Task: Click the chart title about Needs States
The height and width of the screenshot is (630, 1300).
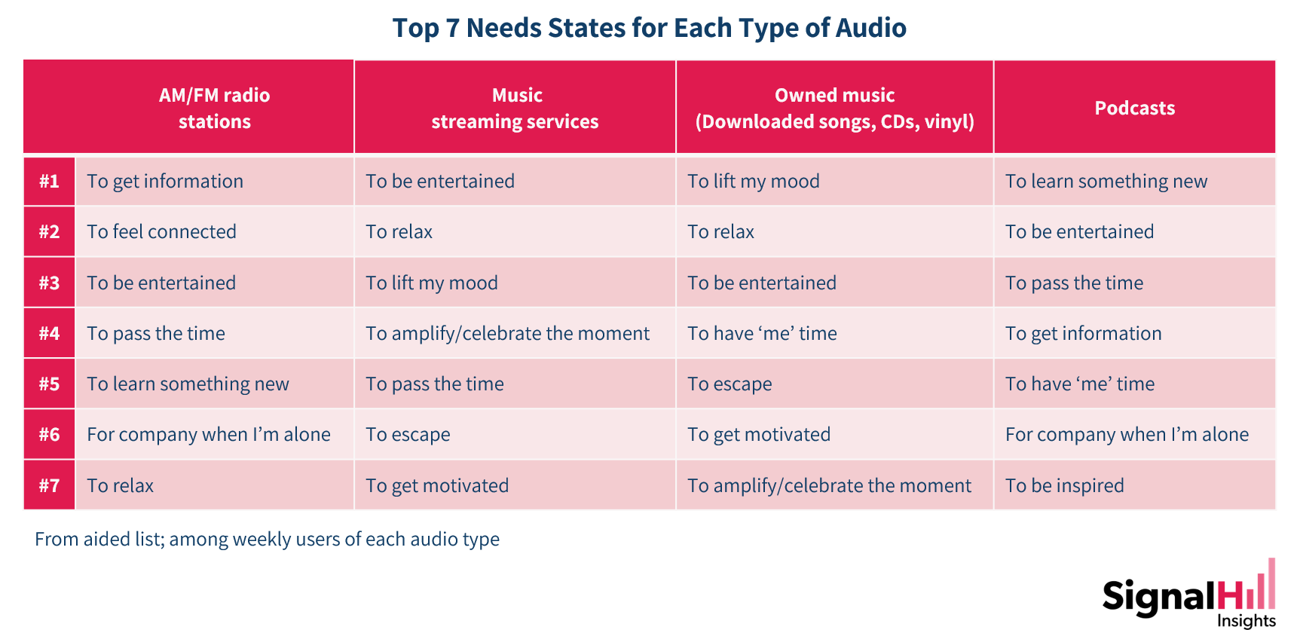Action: coord(649,28)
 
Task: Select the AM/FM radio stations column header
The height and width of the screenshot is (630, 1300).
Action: coord(214,108)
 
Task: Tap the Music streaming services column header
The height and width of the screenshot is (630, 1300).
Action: coord(515,108)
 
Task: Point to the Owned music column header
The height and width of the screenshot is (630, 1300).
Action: coord(834,108)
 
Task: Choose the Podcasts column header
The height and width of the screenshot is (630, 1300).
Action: coord(1134,108)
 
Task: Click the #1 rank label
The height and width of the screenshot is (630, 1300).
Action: coord(49,181)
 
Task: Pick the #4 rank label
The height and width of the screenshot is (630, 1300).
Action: coord(49,333)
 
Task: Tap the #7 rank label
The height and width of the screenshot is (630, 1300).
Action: coord(49,485)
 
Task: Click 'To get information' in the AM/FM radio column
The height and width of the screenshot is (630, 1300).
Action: coord(165,182)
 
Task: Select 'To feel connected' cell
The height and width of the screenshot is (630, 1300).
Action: coord(161,231)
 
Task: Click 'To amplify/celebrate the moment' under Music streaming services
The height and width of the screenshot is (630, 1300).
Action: coord(508,334)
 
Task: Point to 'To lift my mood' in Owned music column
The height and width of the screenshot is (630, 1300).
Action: coord(754,182)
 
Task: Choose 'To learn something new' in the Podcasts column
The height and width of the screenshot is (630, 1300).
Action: coord(1106,182)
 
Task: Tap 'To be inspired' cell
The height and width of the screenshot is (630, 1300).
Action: coord(1065,486)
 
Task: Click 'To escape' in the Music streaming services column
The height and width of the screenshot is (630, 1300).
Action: coord(408,435)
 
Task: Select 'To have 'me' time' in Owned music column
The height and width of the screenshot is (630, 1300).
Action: coord(762,333)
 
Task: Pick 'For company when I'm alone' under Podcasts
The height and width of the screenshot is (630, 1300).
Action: coord(1127,435)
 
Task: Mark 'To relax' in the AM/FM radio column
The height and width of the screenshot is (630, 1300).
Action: coord(121,485)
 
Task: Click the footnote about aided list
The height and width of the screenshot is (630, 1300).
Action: coord(267,540)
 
